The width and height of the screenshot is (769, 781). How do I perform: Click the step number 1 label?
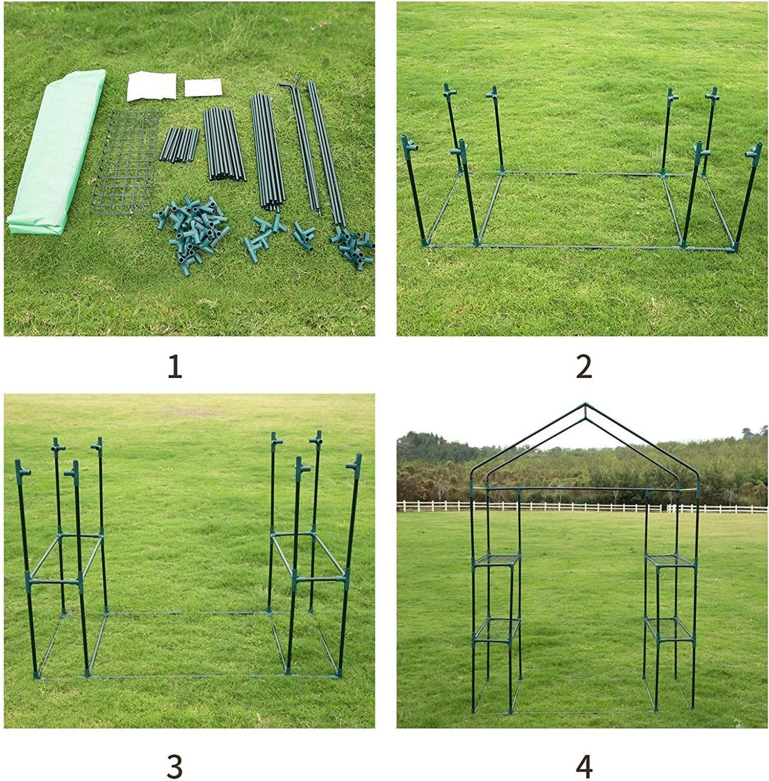pyautogui.click(x=175, y=367)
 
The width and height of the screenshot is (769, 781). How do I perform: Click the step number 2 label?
pyautogui.click(x=584, y=367)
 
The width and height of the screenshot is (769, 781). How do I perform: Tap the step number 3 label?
pyautogui.click(x=175, y=767)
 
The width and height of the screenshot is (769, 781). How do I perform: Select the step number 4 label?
pyautogui.click(x=584, y=767)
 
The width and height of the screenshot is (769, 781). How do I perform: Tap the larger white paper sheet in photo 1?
pyautogui.click(x=152, y=86)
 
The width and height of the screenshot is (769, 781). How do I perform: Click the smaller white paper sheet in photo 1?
pyautogui.click(x=203, y=87)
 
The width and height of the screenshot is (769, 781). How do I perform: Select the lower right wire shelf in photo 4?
pyautogui.click(x=670, y=629)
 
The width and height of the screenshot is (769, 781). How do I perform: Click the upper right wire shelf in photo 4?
pyautogui.click(x=670, y=560)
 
